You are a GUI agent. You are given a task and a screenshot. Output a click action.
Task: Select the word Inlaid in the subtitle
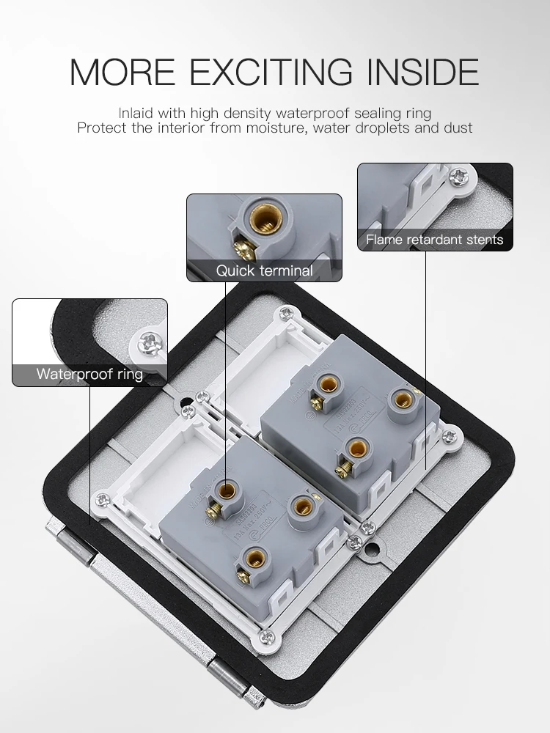pos(134,113)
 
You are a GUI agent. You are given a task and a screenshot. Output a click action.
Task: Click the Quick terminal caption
pos(264,270)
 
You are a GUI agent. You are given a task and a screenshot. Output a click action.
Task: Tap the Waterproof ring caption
pos(89,375)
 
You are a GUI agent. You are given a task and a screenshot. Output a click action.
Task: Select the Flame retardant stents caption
pos(435,240)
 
